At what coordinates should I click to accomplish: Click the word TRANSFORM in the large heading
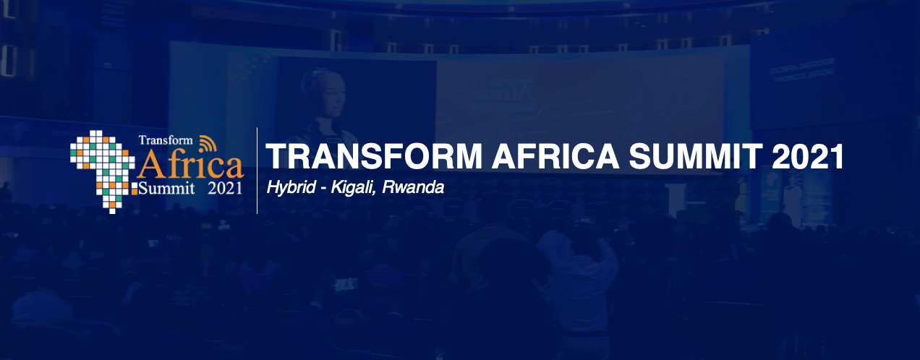[x=374, y=156]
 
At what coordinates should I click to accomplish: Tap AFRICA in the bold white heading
[x=555, y=156]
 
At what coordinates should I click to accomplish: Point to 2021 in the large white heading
[x=807, y=156]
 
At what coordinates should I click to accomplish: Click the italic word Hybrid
[x=291, y=188]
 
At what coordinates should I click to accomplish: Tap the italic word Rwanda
[x=413, y=187]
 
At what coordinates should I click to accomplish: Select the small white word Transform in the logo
[x=166, y=140]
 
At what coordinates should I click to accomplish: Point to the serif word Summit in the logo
[x=166, y=189]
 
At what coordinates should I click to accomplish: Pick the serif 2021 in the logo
[x=225, y=189]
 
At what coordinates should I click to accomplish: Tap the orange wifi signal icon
[x=208, y=143]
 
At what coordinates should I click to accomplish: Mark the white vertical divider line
[x=257, y=171]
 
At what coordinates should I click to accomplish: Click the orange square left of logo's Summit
[x=135, y=191]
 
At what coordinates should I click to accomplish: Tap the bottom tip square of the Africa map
[x=112, y=211]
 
